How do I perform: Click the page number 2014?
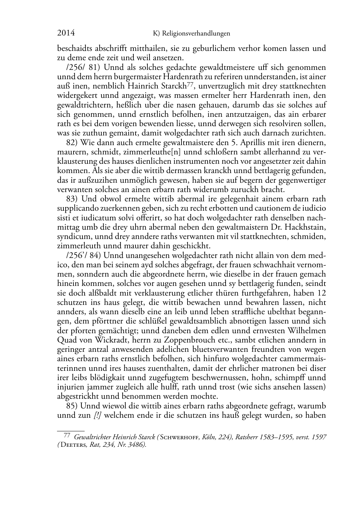coord(66,33)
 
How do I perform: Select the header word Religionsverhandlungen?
coord(196,34)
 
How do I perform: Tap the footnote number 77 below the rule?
coord(66,436)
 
